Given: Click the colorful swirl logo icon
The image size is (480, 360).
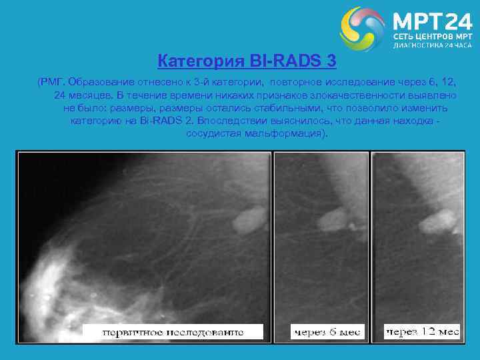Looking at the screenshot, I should pos(362,29).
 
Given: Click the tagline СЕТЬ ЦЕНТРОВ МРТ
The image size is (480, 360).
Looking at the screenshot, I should pos(432,36).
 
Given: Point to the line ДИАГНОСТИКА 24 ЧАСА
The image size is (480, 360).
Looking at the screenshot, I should pos(432,46).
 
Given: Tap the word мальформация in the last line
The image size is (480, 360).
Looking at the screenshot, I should pos(291,133).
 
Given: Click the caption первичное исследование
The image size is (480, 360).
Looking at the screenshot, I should pos(173,332).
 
